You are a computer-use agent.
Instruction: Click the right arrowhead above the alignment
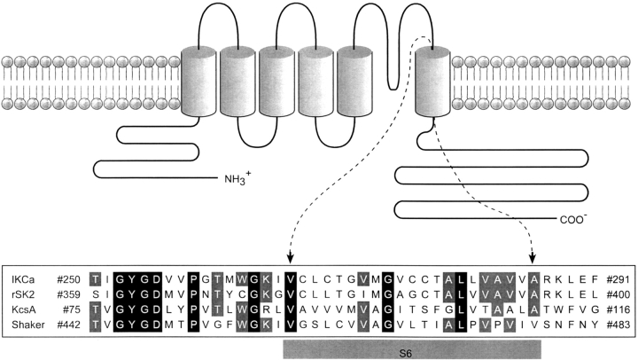tap(534, 259)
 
